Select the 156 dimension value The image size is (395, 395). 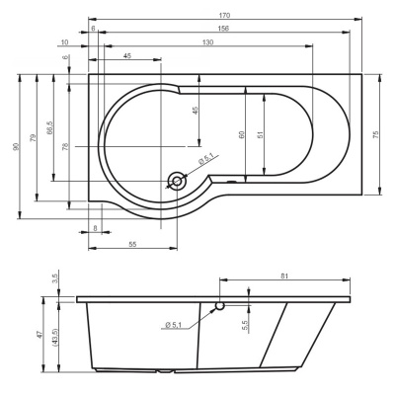click(x=223, y=29)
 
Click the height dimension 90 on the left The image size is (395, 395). click(x=16, y=146)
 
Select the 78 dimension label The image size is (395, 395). click(x=65, y=146)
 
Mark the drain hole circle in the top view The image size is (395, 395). click(x=178, y=181)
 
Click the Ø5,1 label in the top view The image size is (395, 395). click(x=206, y=158)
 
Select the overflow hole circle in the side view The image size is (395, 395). click(x=220, y=306)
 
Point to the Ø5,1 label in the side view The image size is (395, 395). click(x=174, y=325)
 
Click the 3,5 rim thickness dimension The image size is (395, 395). click(x=54, y=279)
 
